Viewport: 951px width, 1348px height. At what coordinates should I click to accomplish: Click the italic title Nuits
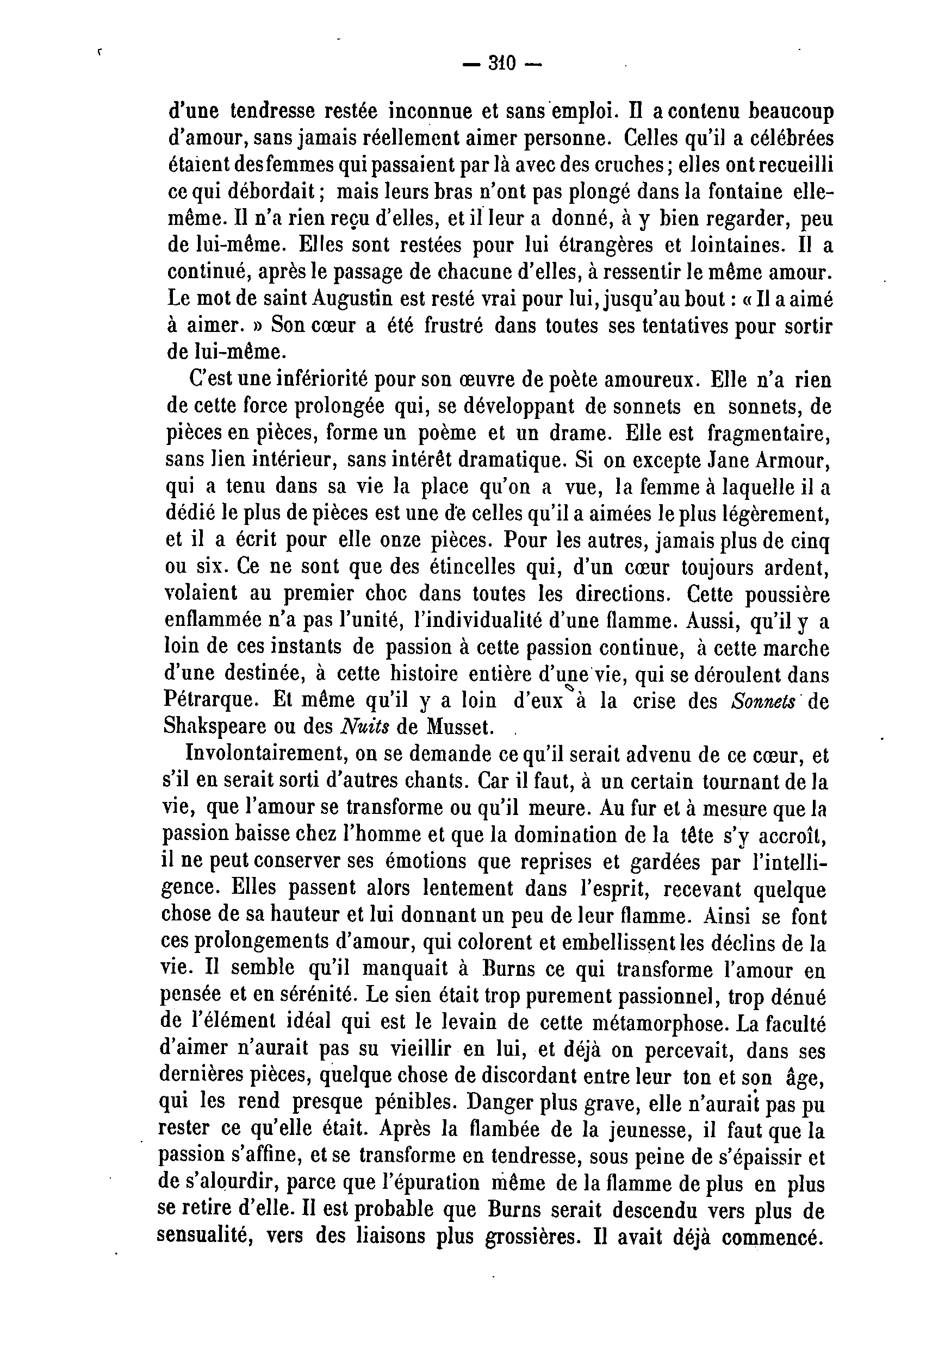(x=363, y=728)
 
